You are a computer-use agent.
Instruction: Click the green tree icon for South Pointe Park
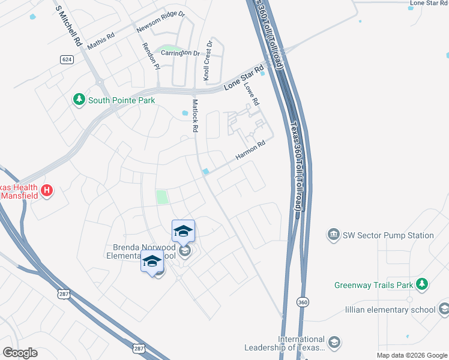pos(79,100)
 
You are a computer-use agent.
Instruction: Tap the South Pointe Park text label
pos(122,100)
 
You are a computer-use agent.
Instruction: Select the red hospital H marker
pos(47,191)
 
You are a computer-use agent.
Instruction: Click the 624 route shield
pos(67,59)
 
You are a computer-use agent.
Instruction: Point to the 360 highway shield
pos(303,303)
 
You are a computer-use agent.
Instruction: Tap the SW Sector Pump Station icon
pos(333,235)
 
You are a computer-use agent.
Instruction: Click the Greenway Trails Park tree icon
pos(423,284)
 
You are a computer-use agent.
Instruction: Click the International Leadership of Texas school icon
pos(334,343)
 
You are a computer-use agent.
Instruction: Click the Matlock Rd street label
pos(194,116)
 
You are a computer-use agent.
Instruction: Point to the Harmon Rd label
pos(250,150)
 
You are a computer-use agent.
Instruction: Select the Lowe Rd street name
pos(252,94)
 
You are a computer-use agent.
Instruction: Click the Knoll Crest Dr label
pos(208,61)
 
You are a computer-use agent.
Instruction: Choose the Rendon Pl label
pos(151,55)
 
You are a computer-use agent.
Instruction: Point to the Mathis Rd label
pos(100,41)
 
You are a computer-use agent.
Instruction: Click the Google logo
pos(20,352)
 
